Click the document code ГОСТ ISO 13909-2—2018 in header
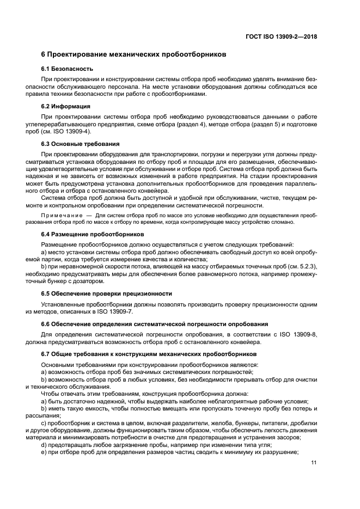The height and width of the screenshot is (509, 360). click(x=283, y=37)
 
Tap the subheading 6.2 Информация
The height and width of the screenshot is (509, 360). click(x=65, y=106)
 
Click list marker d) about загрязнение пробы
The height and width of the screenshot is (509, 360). click(x=44, y=445)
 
